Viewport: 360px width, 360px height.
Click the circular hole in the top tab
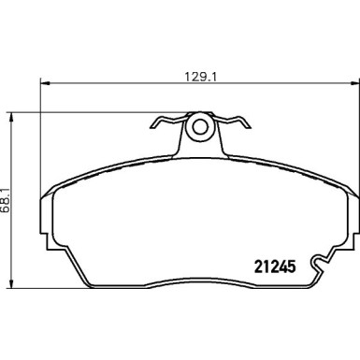(198, 126)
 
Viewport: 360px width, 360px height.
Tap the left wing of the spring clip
(163, 121)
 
